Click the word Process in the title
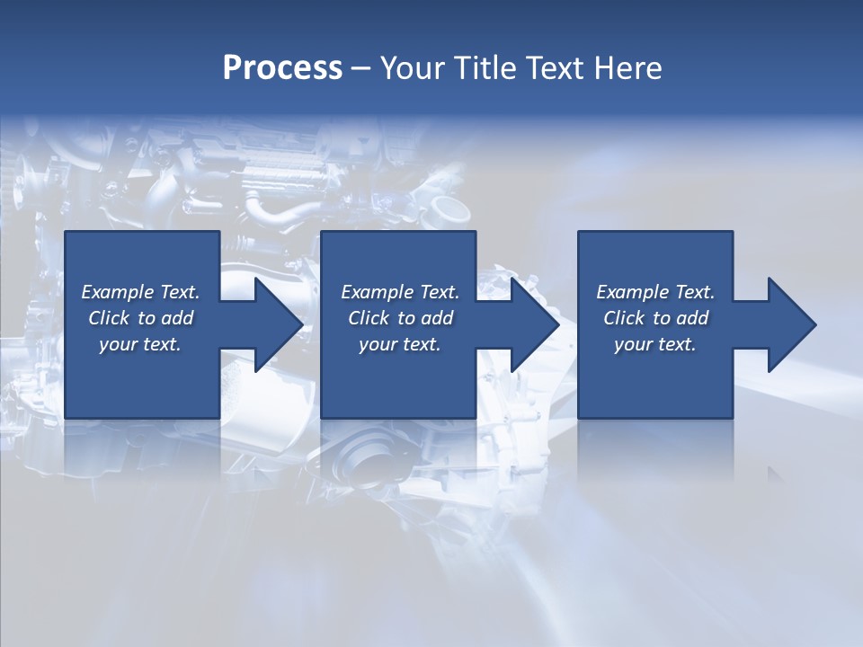point(282,68)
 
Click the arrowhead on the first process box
point(270,324)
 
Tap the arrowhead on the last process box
point(783,324)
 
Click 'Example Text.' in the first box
point(140,292)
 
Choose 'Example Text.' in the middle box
point(400,292)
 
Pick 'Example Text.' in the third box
point(655,292)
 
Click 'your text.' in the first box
point(140,344)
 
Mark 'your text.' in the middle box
point(400,344)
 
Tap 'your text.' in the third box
point(655,344)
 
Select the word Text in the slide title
point(554,68)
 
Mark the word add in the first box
point(176,318)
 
